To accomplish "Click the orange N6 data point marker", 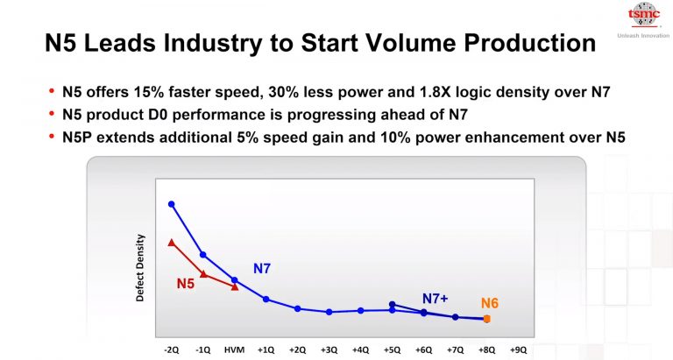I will [x=487, y=319].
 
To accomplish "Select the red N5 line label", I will [x=185, y=283].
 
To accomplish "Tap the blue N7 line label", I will [x=262, y=268].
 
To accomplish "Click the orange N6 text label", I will [x=490, y=303].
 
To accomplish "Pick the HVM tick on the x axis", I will [x=234, y=349].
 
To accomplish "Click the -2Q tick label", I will [x=172, y=349].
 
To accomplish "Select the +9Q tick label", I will [x=519, y=349].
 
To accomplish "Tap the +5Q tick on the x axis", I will [x=392, y=349].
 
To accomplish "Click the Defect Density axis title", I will [x=139, y=268].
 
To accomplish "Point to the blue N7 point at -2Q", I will [x=172, y=204].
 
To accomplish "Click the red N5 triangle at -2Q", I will [x=172, y=242].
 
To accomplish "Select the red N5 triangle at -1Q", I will [x=203, y=273].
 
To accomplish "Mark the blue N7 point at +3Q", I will [x=329, y=312].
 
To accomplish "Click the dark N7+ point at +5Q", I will [x=392, y=304].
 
